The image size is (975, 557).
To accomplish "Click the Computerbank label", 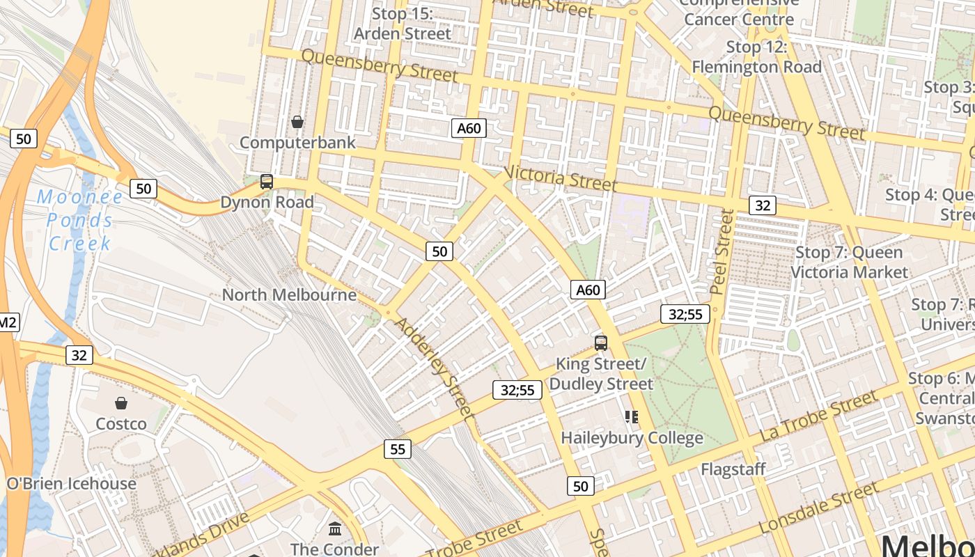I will click(x=297, y=143).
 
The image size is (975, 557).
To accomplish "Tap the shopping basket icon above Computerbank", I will click(x=297, y=123).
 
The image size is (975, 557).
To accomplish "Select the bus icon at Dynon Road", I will click(x=267, y=182).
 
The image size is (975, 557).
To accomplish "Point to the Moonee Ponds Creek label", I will click(x=79, y=220).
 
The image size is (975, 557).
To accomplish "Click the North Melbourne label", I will click(x=289, y=295).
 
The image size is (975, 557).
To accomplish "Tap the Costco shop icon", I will click(x=121, y=403).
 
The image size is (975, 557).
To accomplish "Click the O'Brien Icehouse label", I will click(x=71, y=484).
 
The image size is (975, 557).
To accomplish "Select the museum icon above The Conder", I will click(x=335, y=528).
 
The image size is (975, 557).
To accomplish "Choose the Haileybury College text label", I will click(x=632, y=439).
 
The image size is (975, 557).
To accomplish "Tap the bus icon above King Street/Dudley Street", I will click(x=601, y=343).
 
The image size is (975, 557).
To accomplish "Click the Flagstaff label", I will click(x=733, y=469).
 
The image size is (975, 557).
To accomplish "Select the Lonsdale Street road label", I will click(x=820, y=508).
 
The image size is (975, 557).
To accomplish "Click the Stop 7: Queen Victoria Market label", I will click(x=850, y=262).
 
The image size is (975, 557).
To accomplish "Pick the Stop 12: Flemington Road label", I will click(x=756, y=57).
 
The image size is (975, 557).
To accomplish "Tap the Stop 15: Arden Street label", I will click(x=403, y=24).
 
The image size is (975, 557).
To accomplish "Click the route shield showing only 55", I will click(x=398, y=450).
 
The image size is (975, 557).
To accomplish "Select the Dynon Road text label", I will click(x=267, y=203).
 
